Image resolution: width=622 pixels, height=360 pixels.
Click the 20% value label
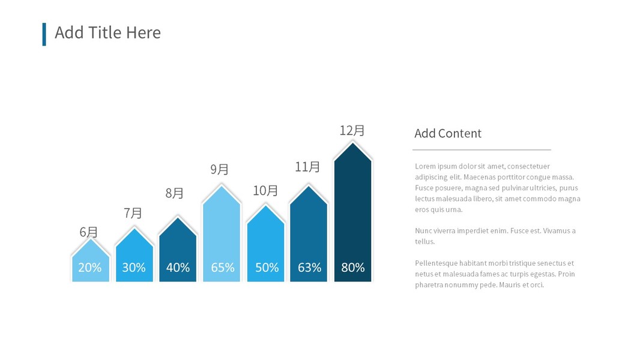(x=90, y=268)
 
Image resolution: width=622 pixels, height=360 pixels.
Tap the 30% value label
(x=134, y=268)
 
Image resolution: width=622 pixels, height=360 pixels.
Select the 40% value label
(x=178, y=268)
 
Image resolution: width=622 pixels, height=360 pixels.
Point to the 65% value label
(x=222, y=268)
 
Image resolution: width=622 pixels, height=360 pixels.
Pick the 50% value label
(x=267, y=268)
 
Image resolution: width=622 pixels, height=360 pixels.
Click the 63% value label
(x=309, y=268)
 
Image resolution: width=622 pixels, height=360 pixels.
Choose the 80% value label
(x=353, y=268)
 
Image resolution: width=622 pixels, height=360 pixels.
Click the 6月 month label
(x=89, y=232)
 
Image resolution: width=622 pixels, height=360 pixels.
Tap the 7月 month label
(x=133, y=213)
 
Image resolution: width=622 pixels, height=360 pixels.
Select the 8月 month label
(x=175, y=193)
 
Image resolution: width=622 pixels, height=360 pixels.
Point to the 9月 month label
(x=220, y=169)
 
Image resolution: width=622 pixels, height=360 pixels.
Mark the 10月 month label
(x=265, y=191)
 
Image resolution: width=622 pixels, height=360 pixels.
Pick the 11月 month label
(x=307, y=167)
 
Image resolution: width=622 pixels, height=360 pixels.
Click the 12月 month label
(x=352, y=130)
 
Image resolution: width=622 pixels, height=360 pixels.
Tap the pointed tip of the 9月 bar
(x=222, y=187)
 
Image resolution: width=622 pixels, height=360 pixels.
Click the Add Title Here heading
(x=108, y=32)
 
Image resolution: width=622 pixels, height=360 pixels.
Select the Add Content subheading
(x=448, y=133)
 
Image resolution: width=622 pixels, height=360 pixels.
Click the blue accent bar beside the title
(x=44, y=34)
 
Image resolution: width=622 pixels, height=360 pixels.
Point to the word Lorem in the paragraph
(x=424, y=166)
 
